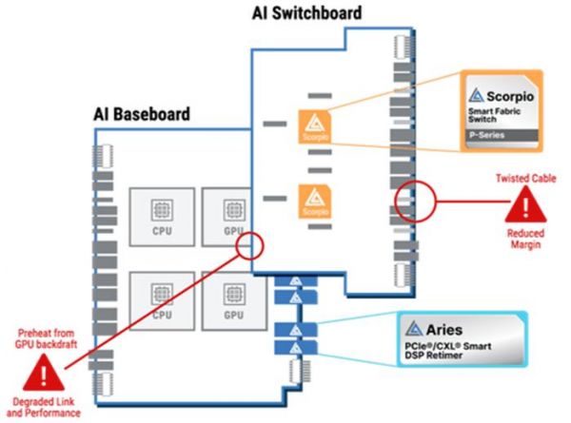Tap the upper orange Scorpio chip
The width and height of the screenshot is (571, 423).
coord(314,125)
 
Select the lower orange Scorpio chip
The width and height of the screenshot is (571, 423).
coord(314,202)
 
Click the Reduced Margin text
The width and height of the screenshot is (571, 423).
coord(524,240)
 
